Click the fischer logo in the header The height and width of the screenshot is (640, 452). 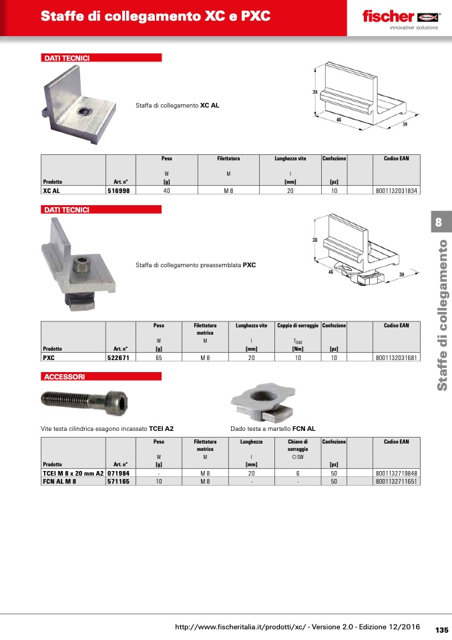(401, 17)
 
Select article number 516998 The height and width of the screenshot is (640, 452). (119, 190)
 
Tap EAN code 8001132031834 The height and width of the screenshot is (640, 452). (397, 190)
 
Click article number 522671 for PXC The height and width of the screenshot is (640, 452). (118, 357)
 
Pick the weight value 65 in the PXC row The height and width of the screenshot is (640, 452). (159, 357)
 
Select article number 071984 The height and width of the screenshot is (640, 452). (119, 474)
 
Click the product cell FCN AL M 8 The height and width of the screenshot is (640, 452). (59, 481)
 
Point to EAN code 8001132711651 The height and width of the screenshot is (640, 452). (397, 481)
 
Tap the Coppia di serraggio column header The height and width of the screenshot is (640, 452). (298, 325)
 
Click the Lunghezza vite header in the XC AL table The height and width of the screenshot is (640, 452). (290, 158)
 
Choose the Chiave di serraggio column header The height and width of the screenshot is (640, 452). (298, 446)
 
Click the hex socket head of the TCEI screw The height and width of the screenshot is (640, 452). (118, 402)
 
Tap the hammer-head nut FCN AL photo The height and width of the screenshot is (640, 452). (262, 401)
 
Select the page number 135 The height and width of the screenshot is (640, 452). (442, 630)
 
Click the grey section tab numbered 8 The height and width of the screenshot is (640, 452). (439, 222)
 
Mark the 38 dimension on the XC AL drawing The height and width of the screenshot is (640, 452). (315, 92)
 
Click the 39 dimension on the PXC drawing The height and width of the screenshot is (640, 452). (401, 275)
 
